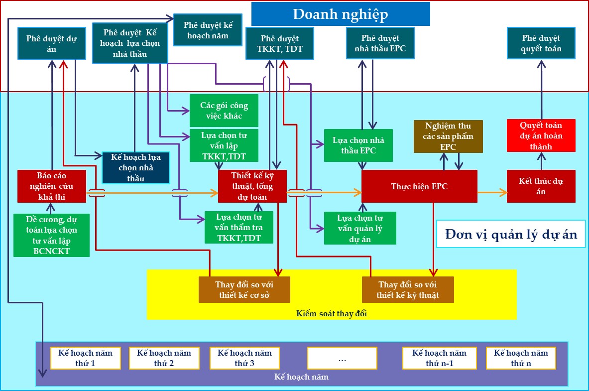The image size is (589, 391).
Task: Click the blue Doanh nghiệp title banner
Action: pos(341,14)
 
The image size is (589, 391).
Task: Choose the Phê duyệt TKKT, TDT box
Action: pos(280,44)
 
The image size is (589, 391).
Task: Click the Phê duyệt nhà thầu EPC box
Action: pos(380,44)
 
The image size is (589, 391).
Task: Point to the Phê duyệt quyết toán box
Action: pos(541,44)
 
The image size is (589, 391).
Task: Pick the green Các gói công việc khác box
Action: pos(224,111)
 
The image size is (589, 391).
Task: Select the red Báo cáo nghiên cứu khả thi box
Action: pos(52,186)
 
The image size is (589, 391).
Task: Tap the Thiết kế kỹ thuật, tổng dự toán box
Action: pos(252,186)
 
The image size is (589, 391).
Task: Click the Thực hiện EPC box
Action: pos(419,186)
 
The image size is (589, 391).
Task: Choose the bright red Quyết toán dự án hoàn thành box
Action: pos(541,135)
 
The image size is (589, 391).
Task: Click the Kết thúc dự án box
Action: pos(541,186)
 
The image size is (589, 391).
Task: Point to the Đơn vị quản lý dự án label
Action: pos(511,234)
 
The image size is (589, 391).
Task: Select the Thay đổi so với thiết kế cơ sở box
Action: pos(244,289)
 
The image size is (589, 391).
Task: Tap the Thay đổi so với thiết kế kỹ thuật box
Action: pos(408,289)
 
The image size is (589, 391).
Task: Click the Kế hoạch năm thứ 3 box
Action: pos(244,358)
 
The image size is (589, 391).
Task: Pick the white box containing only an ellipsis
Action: pos(342,358)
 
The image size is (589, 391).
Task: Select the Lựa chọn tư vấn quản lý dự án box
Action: pos(360,228)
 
